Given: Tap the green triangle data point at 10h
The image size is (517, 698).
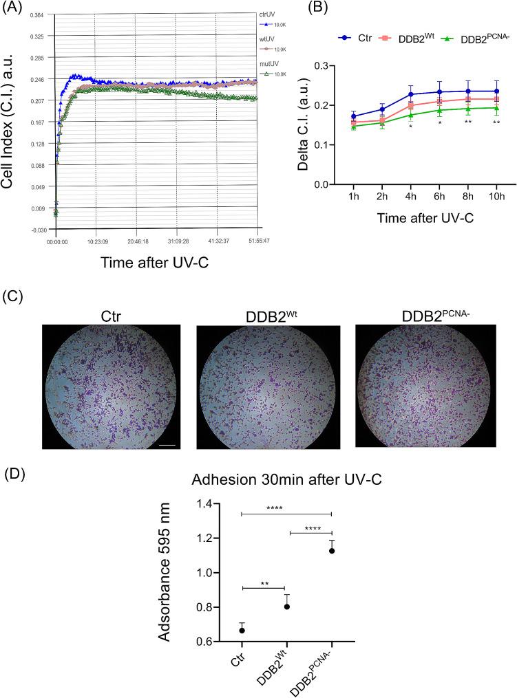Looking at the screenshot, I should pos(496,108).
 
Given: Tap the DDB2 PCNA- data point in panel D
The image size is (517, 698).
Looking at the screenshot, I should pos(331,550).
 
